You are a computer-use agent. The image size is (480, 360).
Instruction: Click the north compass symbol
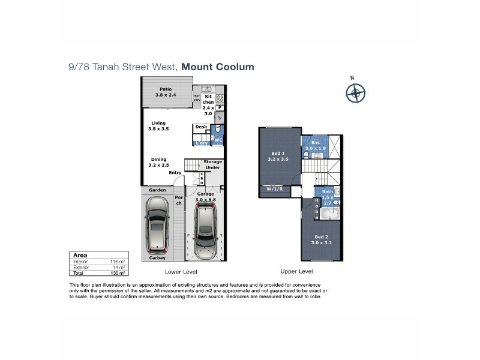point(355,93)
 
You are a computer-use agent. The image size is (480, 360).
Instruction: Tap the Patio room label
point(157,92)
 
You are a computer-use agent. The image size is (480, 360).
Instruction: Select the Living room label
point(158,126)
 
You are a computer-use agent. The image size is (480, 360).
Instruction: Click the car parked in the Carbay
point(158,225)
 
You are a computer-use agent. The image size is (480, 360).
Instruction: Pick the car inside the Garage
point(205,230)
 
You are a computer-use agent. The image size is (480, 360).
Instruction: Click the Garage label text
point(206,194)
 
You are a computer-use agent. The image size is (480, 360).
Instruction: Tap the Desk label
point(201,127)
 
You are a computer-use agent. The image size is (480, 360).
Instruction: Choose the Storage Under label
point(212,165)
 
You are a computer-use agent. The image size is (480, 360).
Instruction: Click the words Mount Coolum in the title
point(218,67)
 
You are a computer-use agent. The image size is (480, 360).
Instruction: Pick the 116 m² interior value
point(119,262)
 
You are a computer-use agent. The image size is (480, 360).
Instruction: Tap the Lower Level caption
point(179,272)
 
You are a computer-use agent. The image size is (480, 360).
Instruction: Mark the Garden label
point(157,190)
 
